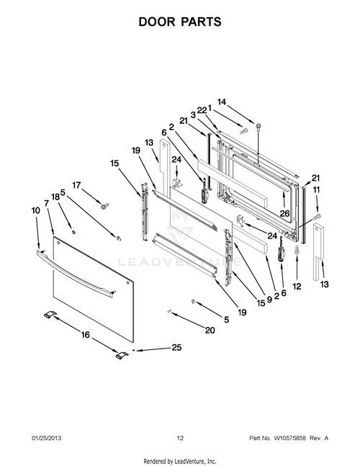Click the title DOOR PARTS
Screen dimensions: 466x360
coord(179,22)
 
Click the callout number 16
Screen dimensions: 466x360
coord(85,335)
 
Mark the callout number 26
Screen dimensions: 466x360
coord(284,213)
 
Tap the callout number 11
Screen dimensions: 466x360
coord(318,189)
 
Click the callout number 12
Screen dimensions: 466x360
coord(297,287)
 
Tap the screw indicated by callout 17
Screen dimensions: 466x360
coord(104,207)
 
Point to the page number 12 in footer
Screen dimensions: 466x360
coord(180,437)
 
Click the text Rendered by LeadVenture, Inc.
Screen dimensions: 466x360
coord(180,460)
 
